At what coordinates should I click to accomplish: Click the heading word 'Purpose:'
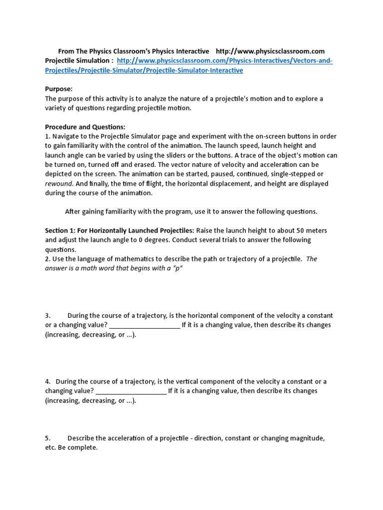[59, 89]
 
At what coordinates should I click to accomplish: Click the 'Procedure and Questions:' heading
[85, 127]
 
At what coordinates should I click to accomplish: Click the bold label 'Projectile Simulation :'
[79, 61]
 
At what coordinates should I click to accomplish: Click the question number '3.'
[48, 316]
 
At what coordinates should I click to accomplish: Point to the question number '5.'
[48, 438]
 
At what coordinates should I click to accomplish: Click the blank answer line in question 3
[144, 325]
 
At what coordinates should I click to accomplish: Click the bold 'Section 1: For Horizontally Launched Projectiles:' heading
[120, 231]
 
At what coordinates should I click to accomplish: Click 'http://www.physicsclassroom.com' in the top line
[270, 51]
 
